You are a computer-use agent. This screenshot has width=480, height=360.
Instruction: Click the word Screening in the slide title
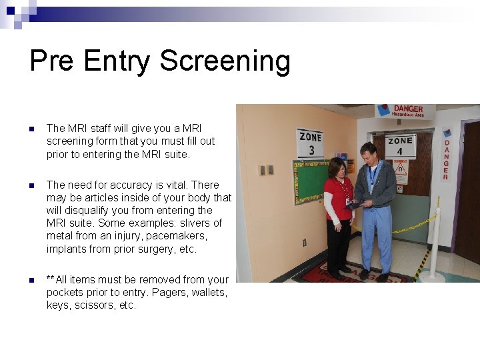[225, 61]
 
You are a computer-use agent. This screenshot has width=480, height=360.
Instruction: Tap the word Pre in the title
[52, 61]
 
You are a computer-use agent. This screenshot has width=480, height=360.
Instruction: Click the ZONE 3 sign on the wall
[310, 143]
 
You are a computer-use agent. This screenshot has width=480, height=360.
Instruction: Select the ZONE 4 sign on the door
[400, 145]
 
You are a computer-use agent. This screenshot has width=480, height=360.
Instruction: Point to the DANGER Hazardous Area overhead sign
[405, 111]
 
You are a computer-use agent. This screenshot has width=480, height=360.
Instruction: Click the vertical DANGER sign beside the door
[446, 155]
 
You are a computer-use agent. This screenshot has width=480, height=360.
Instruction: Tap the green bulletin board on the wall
[310, 181]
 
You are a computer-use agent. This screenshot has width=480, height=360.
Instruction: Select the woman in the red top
[338, 213]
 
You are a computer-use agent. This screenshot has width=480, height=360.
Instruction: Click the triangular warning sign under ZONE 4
[400, 167]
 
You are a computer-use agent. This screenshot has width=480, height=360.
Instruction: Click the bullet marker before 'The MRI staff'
[31, 129]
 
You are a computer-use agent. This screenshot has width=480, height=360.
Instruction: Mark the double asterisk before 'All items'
[51, 279]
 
